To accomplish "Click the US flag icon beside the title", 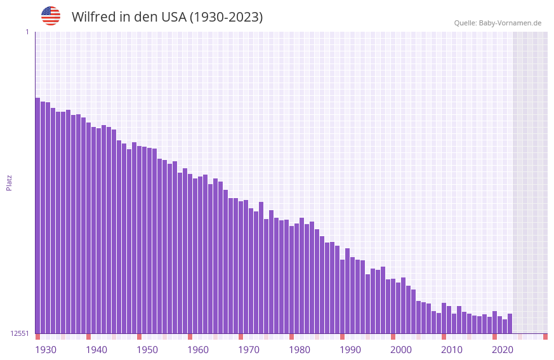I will [x=51, y=16].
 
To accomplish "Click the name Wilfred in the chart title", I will [x=93, y=17].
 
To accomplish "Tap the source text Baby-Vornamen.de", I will [x=510, y=23].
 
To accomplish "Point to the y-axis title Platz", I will [x=9, y=182].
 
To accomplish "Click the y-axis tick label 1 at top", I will [x=27, y=32].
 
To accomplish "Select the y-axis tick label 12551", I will [x=20, y=333].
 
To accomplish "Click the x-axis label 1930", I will [x=46, y=350].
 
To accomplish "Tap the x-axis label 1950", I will [x=147, y=350].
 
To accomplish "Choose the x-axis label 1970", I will [x=249, y=350].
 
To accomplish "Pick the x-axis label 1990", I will [x=350, y=350].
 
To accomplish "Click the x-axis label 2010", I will [x=452, y=350].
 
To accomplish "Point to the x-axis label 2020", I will [x=503, y=350].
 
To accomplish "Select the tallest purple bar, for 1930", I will [x=37, y=216].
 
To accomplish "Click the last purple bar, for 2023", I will [x=510, y=324].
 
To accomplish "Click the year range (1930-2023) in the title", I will [x=226, y=17].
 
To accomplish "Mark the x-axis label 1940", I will [x=96, y=350].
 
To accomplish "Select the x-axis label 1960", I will [x=198, y=350].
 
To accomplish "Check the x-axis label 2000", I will [x=401, y=350].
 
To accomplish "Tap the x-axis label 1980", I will [x=300, y=350].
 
